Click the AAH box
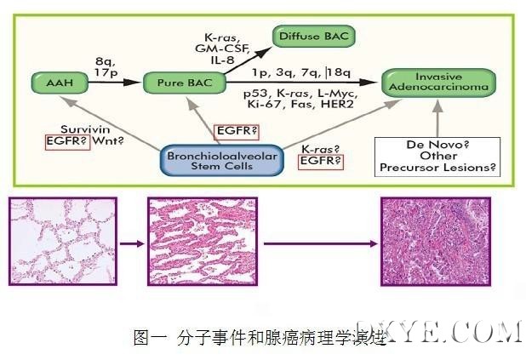(52, 83)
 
